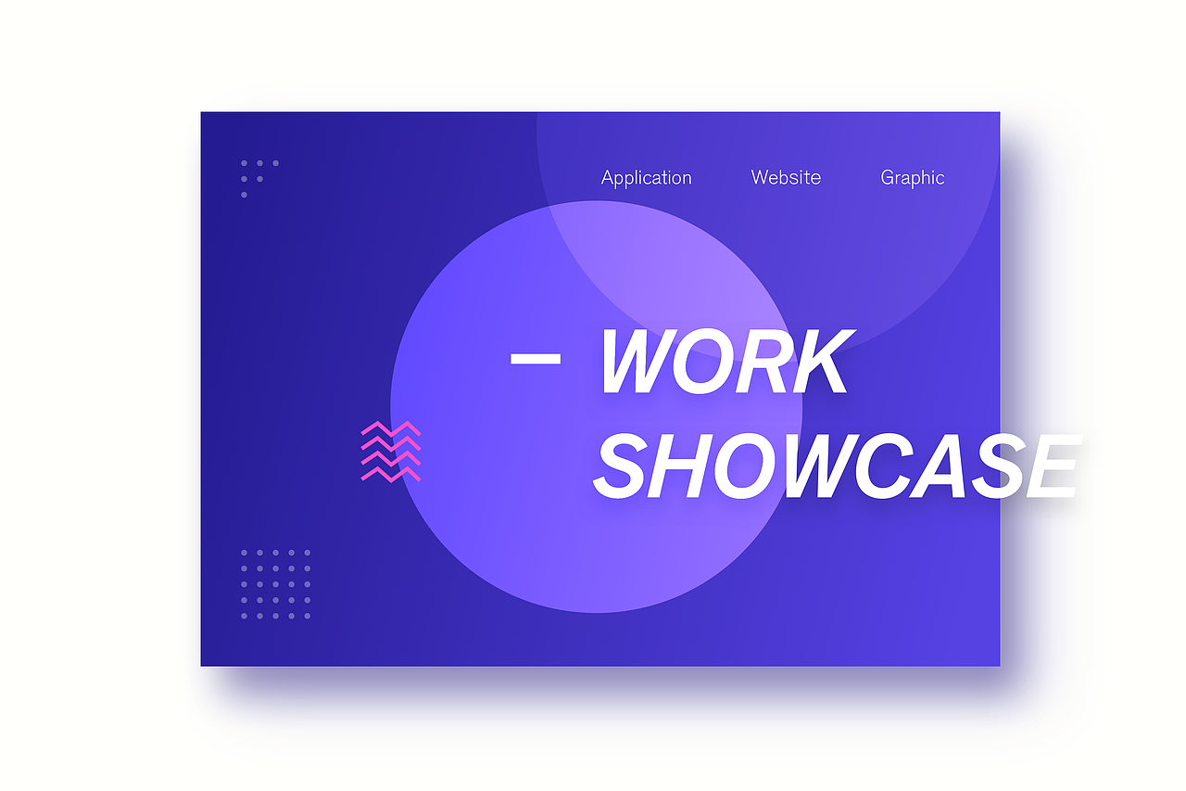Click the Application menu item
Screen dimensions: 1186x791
[x=646, y=178]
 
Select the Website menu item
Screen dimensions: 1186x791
[x=786, y=177]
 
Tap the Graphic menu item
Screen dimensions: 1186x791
[x=913, y=178]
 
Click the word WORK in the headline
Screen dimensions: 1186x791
[x=726, y=361]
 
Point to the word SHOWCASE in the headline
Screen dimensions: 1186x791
[x=837, y=466]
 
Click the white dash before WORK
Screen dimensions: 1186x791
[x=536, y=359]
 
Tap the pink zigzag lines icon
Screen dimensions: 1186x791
[x=391, y=452]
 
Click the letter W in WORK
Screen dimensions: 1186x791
[x=639, y=361]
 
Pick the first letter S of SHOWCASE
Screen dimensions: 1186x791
[x=621, y=466]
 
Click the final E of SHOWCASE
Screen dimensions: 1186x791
[x=1054, y=466]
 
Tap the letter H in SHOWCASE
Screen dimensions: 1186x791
[x=681, y=466]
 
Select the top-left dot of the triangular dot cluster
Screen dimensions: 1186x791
[x=244, y=163]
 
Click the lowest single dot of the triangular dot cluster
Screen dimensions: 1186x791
[x=244, y=195]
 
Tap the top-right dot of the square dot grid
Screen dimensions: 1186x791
[x=307, y=553]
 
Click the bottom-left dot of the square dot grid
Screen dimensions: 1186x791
[x=244, y=616]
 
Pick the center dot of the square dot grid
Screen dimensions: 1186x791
[x=275, y=584]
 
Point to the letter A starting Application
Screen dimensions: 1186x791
[x=607, y=177]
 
